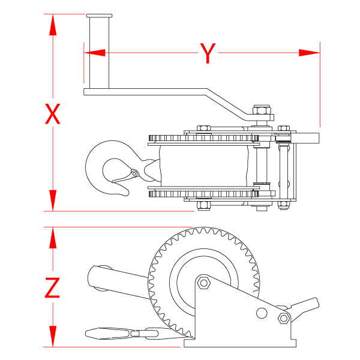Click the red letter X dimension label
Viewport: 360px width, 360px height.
tap(53, 113)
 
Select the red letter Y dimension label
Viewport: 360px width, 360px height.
tap(207, 53)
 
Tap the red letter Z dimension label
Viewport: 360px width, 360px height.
tap(53, 289)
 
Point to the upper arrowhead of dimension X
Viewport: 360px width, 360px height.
tap(53, 24)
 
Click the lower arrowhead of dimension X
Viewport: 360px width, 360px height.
tap(53, 201)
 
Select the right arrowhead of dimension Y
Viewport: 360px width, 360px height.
tap(310, 53)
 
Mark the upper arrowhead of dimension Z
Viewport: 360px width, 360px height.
tap(53, 238)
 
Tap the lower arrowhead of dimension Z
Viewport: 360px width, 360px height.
tap(53, 336)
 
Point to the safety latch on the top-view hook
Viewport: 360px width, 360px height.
tap(125, 177)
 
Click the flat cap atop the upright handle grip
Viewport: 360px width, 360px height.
tap(98, 16)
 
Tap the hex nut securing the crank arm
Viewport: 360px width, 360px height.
tap(261, 110)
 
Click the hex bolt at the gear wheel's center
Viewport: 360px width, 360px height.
tap(203, 283)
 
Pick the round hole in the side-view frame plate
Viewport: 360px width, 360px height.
tap(261, 313)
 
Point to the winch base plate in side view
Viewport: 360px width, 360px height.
tap(240, 343)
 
